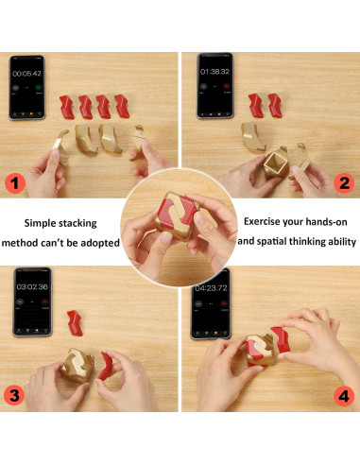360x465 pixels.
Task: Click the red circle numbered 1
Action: click(15, 183)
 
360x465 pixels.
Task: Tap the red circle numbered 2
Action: click(344, 183)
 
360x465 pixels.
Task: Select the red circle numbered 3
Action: click(14, 395)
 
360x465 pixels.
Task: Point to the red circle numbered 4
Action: click(344, 396)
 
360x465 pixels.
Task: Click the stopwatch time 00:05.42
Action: click(26, 74)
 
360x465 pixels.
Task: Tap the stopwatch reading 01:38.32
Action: click(214, 72)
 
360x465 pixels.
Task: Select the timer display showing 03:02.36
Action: click(32, 286)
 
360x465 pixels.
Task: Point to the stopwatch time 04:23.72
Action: click(211, 288)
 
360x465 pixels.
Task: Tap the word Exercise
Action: click(262, 221)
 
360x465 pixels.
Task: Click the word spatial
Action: click(271, 242)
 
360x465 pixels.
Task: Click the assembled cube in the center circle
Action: click(178, 215)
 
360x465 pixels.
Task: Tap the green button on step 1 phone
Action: click(39, 87)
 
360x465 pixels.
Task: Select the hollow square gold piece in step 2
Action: click(276, 163)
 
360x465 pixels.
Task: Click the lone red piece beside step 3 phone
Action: click(75, 323)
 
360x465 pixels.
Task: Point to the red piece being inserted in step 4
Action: click(281, 338)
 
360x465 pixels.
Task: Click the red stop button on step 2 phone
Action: click(226, 86)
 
